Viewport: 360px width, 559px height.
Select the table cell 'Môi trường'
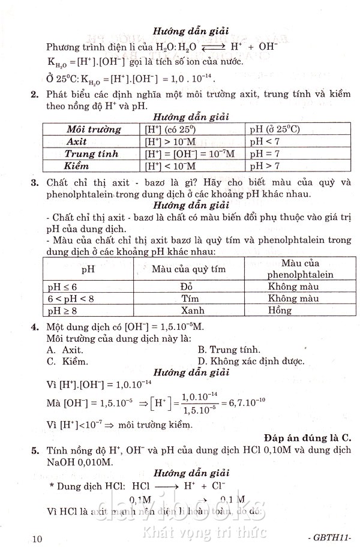[92, 129]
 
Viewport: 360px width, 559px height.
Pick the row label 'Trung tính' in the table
[91, 154]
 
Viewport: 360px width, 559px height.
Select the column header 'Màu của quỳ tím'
[188, 269]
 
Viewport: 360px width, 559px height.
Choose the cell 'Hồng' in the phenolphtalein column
[280, 310]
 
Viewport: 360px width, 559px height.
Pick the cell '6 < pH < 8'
[71, 298]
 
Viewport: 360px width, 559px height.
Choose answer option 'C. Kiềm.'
[67, 361]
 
